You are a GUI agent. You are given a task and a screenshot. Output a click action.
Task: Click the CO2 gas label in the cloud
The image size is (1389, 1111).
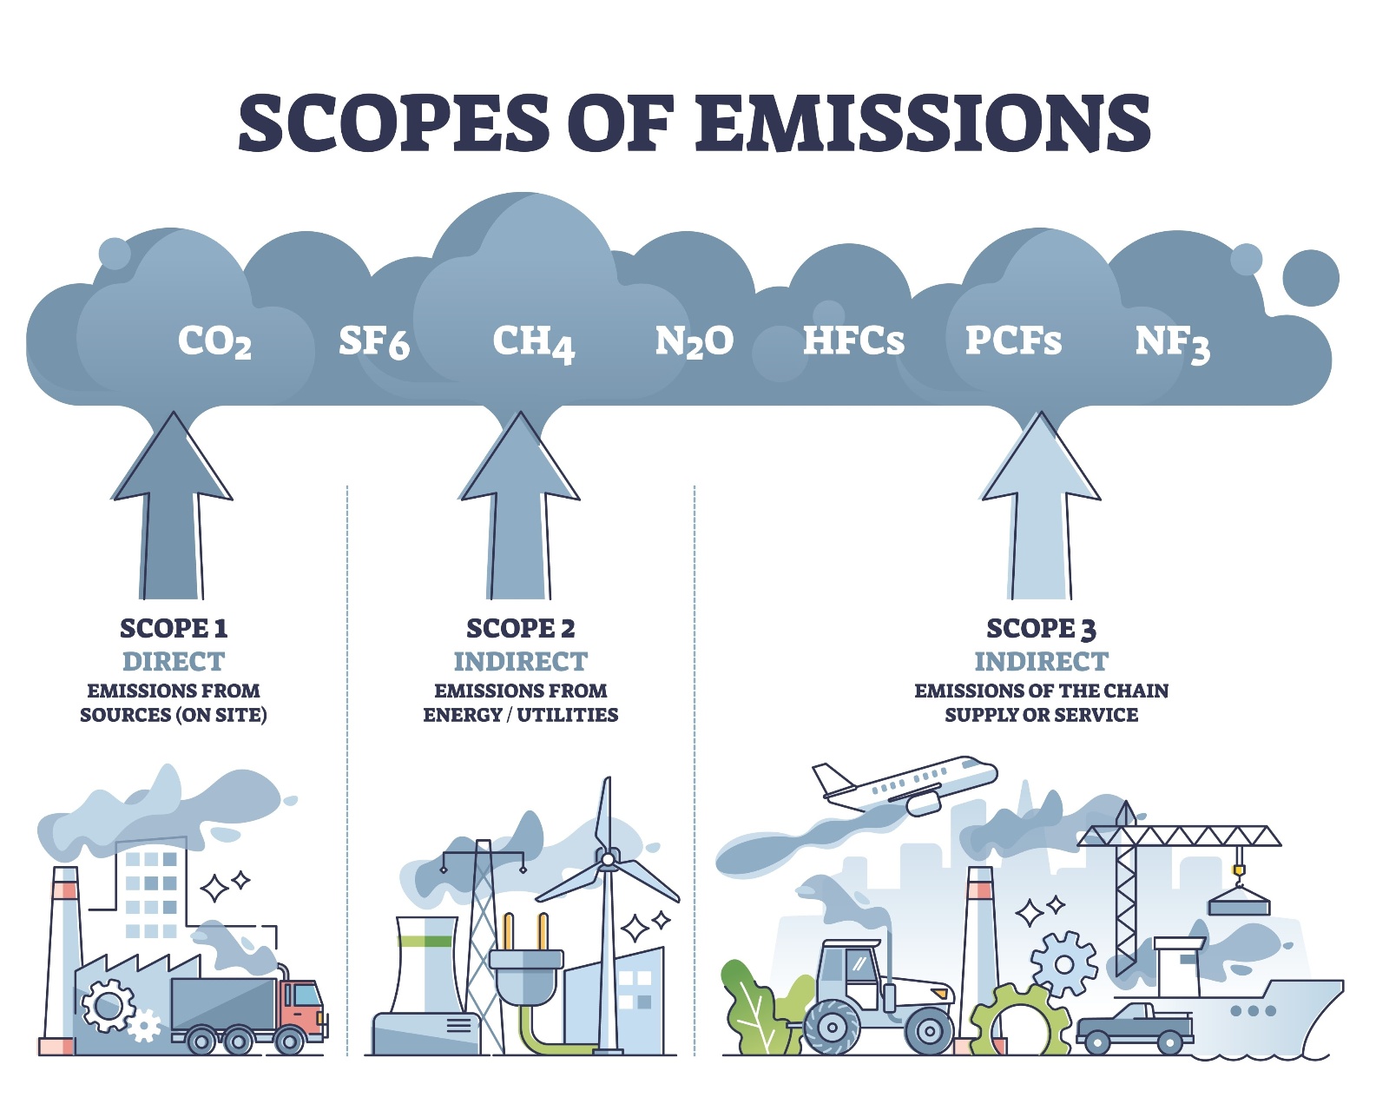(x=214, y=341)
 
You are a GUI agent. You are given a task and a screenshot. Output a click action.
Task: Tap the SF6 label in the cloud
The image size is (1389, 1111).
(x=373, y=341)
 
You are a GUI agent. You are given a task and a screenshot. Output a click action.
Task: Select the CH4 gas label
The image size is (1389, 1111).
(x=533, y=342)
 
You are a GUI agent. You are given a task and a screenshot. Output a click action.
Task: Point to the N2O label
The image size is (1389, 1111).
(x=694, y=341)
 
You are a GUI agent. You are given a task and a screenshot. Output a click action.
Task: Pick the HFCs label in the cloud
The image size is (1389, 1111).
(x=853, y=341)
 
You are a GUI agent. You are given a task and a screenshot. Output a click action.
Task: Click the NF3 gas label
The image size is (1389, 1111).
(x=1171, y=342)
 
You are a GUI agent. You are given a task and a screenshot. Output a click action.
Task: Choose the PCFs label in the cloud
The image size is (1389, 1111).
(x=1013, y=341)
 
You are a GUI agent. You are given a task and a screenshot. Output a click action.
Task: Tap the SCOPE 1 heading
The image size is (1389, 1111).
(x=174, y=628)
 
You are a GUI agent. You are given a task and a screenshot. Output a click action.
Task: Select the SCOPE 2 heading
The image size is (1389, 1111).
(x=521, y=628)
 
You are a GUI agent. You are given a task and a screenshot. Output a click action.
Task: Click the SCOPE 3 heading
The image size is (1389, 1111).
(x=1041, y=628)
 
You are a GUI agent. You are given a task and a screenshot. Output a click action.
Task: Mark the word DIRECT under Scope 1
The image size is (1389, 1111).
(x=174, y=662)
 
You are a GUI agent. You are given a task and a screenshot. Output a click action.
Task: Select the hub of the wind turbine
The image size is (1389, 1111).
(x=608, y=860)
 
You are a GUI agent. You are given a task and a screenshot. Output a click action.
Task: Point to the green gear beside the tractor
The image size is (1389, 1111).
(x=1016, y=1021)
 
